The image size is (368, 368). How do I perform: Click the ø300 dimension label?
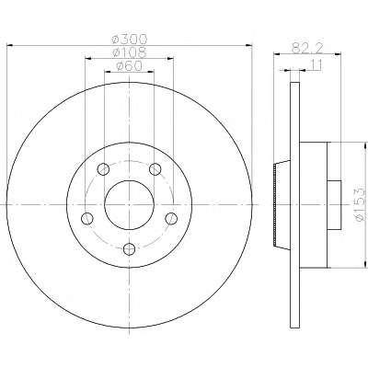[130, 40]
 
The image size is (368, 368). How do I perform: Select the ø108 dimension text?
[130, 52]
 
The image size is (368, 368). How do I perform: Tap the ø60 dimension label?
[130, 66]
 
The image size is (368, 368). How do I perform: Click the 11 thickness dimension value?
[316, 64]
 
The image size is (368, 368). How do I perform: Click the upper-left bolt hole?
[103, 168]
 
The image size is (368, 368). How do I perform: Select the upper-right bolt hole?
[155, 168]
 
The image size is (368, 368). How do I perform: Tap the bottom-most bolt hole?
[129, 248]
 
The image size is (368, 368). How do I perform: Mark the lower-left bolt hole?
[87, 218]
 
